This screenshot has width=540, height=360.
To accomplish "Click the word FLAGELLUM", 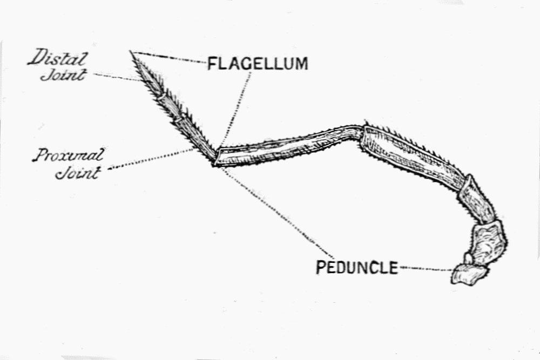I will click(258, 64).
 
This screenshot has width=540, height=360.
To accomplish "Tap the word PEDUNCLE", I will click(356, 267).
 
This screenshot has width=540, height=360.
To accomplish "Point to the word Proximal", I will click(67, 156).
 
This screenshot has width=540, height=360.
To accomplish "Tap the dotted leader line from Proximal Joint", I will click(151, 159).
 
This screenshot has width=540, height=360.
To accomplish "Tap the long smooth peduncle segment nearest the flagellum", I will click(286, 146).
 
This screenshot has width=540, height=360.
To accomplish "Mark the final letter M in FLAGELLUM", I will click(300, 64).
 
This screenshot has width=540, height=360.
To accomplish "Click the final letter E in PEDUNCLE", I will click(393, 267).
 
